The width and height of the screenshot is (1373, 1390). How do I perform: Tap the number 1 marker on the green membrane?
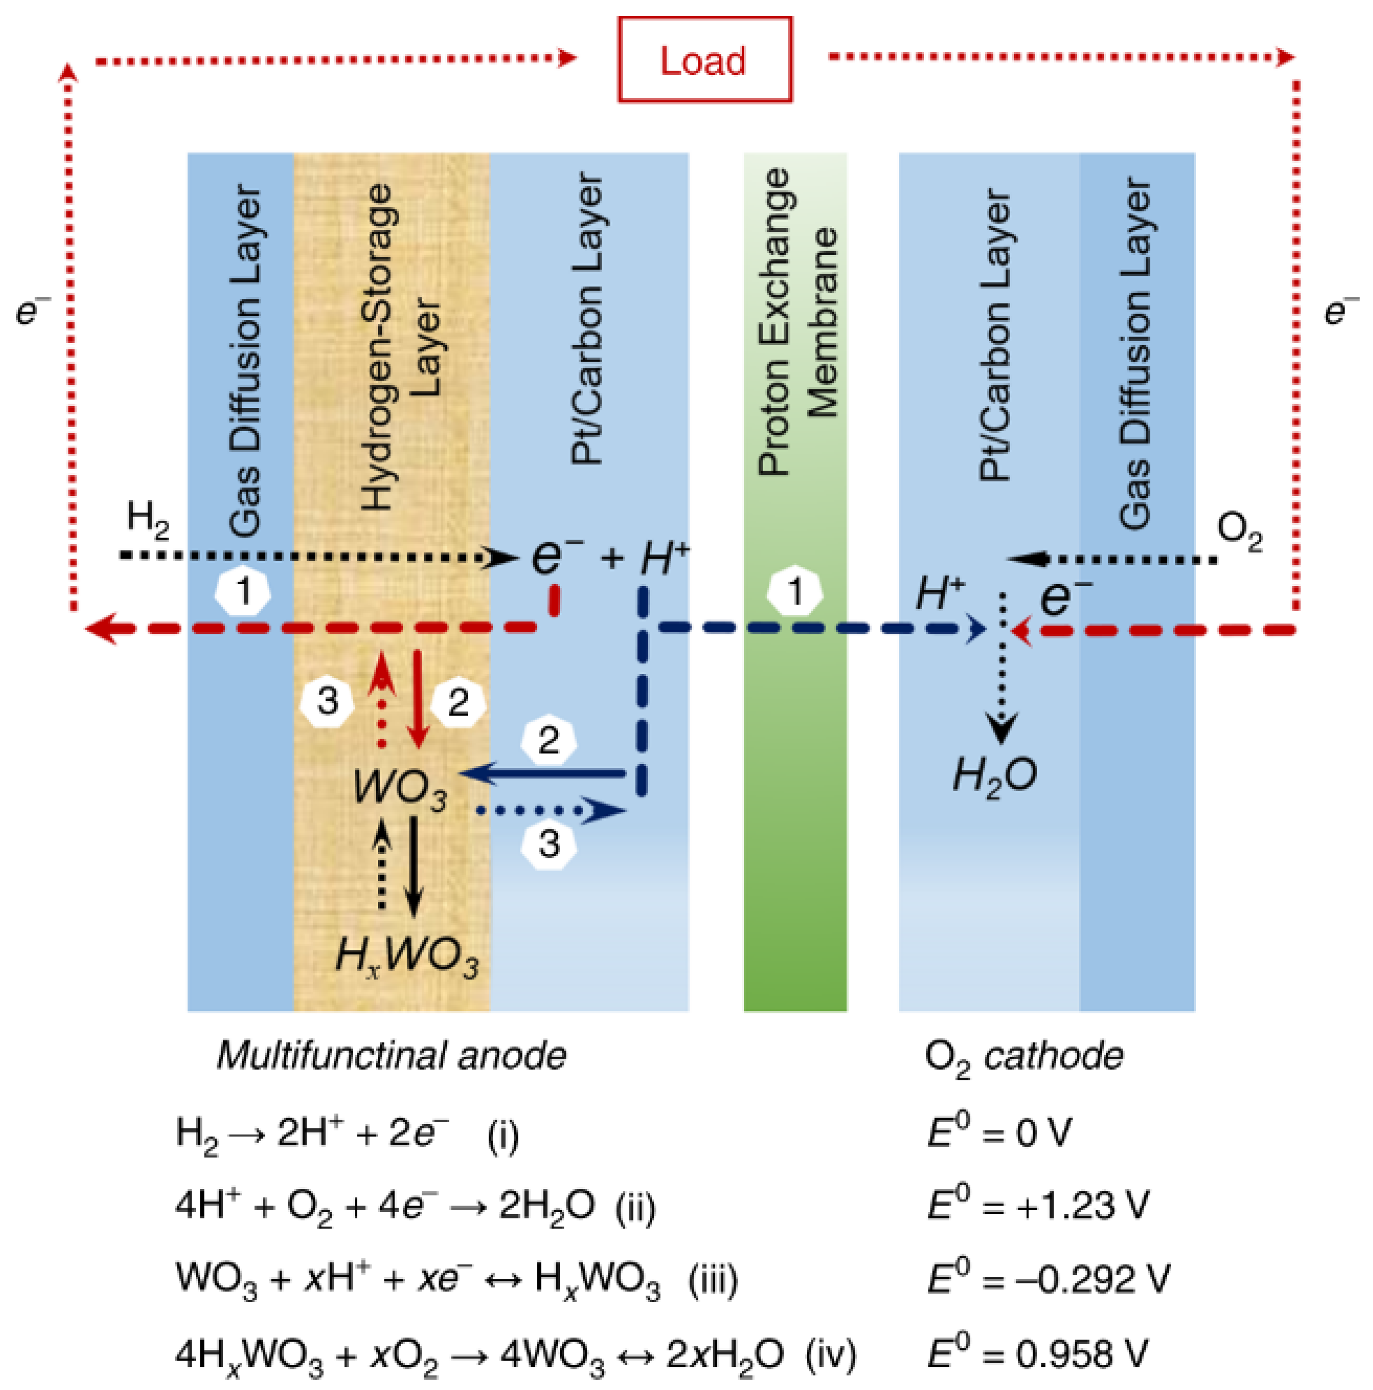(794, 592)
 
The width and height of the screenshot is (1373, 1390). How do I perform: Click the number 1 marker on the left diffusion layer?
(244, 592)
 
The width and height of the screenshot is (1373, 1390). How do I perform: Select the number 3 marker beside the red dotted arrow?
(327, 700)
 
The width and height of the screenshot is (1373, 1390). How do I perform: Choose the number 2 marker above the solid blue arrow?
(548, 740)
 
